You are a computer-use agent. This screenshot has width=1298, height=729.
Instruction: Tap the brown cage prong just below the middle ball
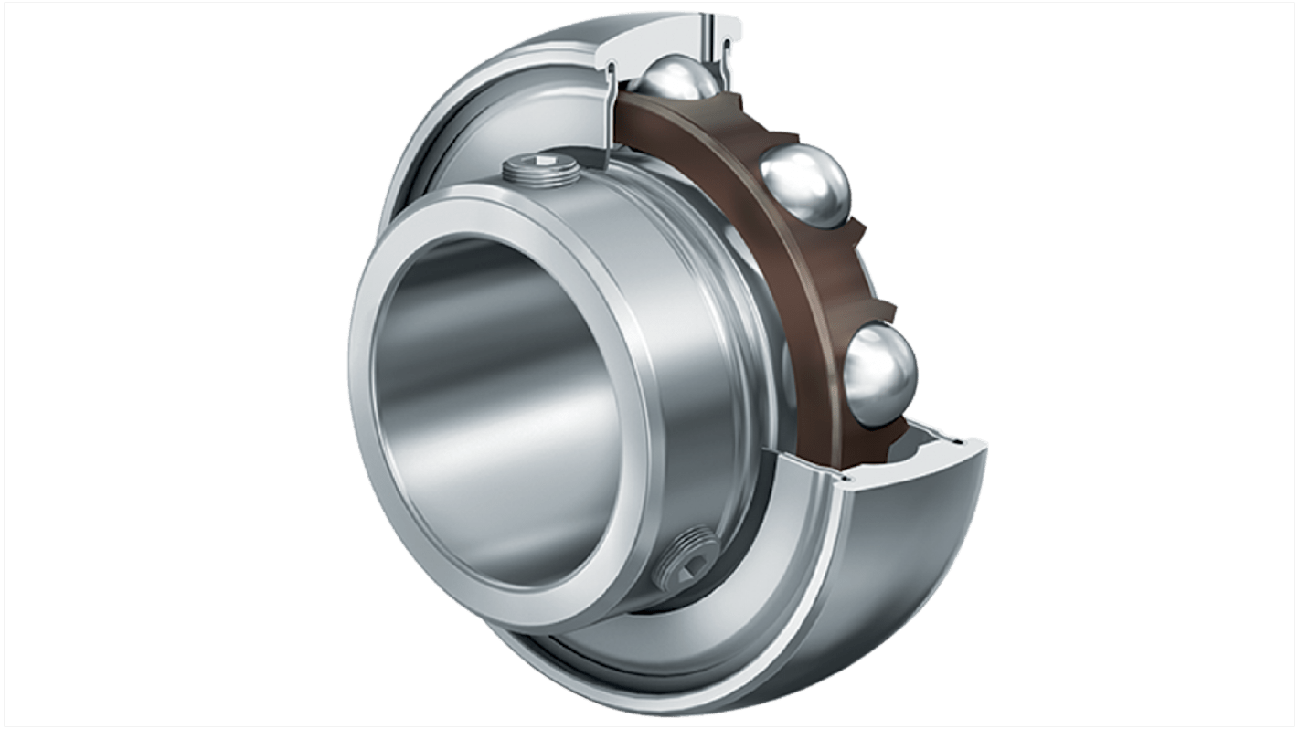855,238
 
